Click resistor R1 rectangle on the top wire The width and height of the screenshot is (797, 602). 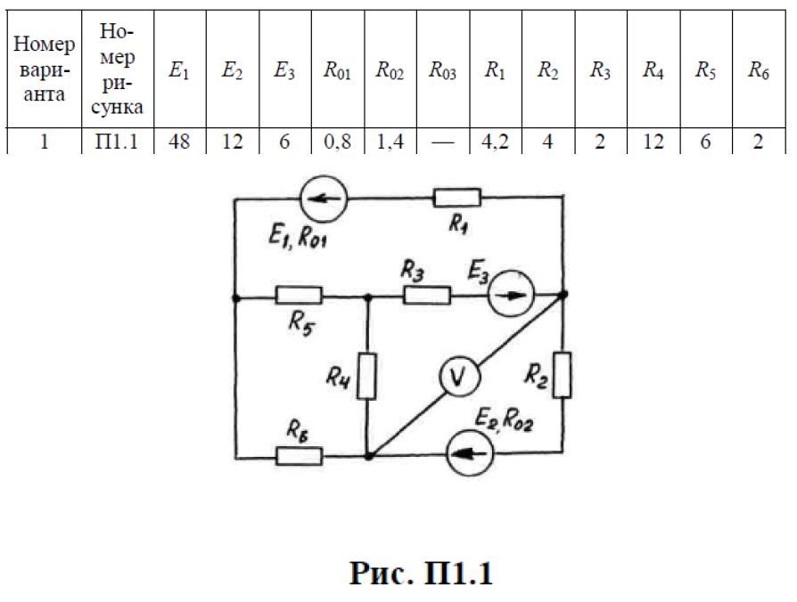tap(457, 198)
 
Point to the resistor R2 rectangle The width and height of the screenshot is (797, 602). tap(562, 374)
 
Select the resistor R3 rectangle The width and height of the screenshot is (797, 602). tap(426, 295)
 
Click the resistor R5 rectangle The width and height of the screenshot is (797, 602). tap(299, 295)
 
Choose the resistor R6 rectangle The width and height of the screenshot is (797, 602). tap(300, 456)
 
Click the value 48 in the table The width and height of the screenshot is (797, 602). tap(178, 142)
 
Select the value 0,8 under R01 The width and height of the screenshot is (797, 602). tap(336, 142)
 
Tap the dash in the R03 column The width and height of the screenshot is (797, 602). tap(442, 142)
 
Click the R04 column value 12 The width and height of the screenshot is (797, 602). tap(653, 142)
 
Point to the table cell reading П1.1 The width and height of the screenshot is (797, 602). tap(118, 142)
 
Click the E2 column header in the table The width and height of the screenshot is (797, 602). tap(232, 72)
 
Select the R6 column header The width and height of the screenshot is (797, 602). tap(759, 72)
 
